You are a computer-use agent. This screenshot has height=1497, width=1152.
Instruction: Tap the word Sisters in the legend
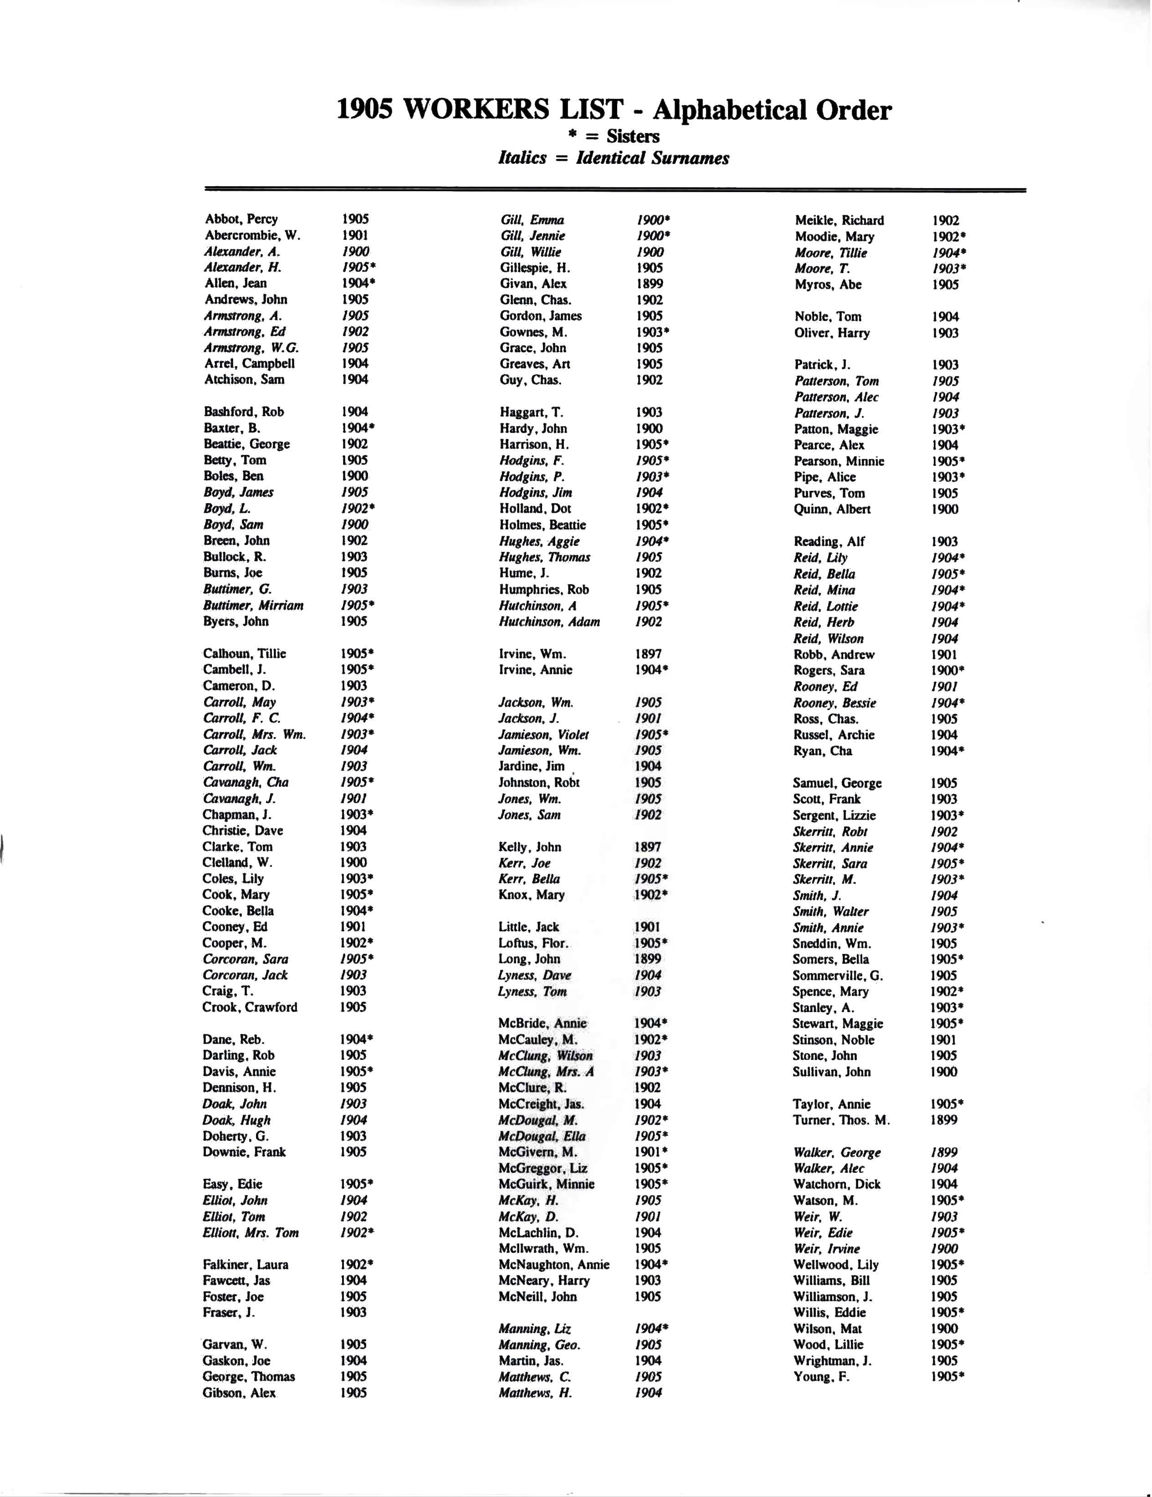tap(632, 137)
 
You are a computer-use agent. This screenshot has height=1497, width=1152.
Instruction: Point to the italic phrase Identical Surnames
tap(652, 158)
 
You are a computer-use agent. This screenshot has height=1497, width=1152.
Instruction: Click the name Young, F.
tap(821, 1376)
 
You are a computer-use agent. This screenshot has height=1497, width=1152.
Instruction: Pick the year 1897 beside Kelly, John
tap(648, 847)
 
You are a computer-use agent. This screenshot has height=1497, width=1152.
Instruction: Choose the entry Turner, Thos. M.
tap(841, 1120)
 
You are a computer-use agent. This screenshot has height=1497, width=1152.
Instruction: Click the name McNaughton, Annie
tap(553, 1265)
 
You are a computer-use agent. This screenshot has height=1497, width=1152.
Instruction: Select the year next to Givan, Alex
tap(649, 284)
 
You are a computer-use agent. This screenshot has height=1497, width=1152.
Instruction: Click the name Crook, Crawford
tap(250, 1007)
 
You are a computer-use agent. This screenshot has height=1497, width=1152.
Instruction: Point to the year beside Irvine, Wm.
tap(648, 654)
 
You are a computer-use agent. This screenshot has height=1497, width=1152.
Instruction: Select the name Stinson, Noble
tap(833, 1040)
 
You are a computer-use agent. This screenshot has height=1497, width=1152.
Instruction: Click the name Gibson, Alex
tap(239, 1393)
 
